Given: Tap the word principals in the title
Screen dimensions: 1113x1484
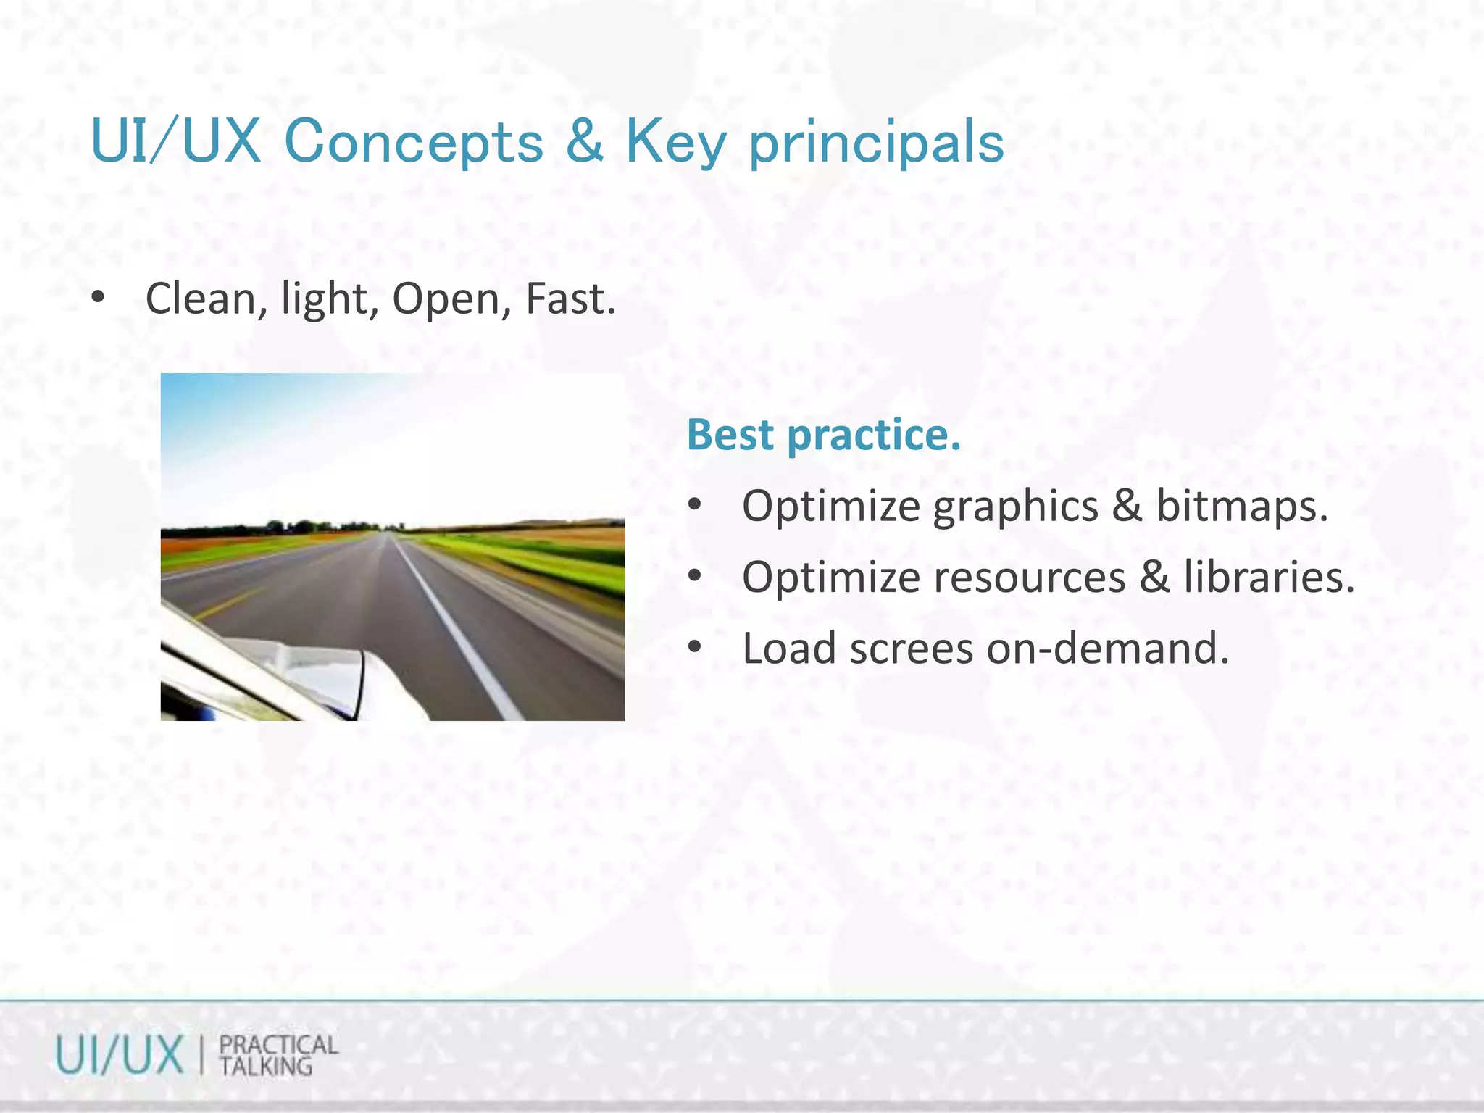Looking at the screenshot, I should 876,143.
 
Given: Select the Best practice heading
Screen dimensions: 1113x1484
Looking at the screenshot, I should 824,435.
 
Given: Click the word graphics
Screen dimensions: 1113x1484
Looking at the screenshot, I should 1015,506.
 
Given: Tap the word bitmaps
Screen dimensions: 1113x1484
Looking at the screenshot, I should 1242,505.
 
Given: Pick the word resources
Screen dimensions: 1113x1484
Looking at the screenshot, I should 1030,578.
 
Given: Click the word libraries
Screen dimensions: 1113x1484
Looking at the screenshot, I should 1269,577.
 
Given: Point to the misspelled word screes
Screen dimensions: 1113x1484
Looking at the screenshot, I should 912,649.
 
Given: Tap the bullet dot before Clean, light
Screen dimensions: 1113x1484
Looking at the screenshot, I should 99,297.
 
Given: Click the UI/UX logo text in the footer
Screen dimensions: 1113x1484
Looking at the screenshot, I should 120,1055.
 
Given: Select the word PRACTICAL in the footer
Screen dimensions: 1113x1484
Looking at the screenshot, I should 278,1045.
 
